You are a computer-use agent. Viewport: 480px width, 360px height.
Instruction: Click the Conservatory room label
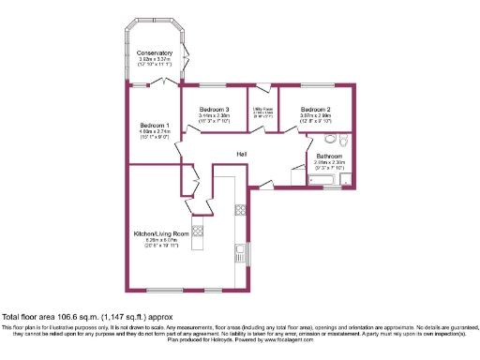[x=154, y=53]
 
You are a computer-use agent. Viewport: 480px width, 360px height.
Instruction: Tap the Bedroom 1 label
[x=155, y=126]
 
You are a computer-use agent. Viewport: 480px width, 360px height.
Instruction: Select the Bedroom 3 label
[x=215, y=110]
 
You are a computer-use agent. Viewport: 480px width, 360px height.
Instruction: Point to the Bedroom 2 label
[x=315, y=110]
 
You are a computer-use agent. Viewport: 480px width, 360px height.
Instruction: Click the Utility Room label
[x=262, y=110]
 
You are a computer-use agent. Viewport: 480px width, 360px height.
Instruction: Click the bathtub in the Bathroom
[x=327, y=179]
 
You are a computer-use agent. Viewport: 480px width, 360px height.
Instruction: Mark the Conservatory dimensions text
[x=154, y=62]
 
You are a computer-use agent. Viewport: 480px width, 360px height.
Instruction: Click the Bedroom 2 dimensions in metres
[x=315, y=117]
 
